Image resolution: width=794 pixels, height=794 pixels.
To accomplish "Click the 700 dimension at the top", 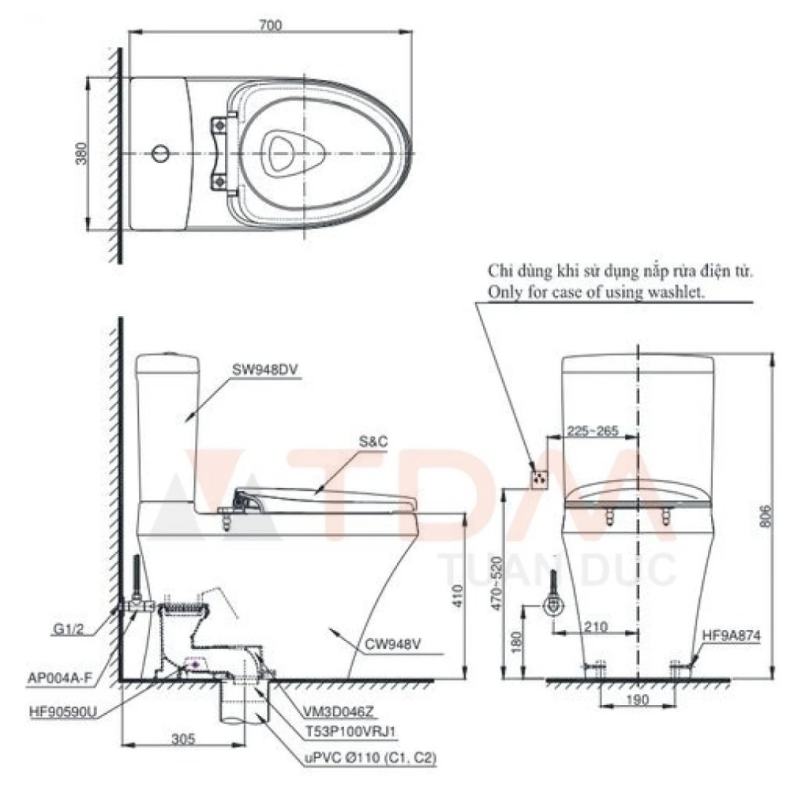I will (x=271, y=24).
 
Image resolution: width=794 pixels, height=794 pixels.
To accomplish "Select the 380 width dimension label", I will (x=82, y=152).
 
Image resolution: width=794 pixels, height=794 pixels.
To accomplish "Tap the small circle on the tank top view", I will (x=160, y=154).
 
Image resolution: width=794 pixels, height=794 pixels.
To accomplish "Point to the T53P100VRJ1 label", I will (x=348, y=732).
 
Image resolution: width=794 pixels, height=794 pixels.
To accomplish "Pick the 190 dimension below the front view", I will (x=638, y=701).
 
